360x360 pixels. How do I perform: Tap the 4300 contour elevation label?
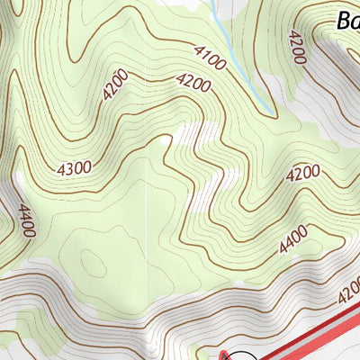pos(74,166)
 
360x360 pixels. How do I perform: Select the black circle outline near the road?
pos(243,355)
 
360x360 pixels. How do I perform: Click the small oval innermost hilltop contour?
pos(94,262)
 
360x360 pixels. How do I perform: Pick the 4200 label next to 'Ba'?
pos(296,49)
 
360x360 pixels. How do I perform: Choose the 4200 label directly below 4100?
pos(193,84)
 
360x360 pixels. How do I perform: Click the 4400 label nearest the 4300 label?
pos(25,220)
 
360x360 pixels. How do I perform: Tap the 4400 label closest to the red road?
pos(292,239)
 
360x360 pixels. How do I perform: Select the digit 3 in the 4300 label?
pos(69,167)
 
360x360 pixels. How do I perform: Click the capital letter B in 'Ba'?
pos(343,20)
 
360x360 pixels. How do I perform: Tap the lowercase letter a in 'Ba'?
pos(355,22)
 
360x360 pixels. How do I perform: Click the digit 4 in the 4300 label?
pos(61,170)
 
